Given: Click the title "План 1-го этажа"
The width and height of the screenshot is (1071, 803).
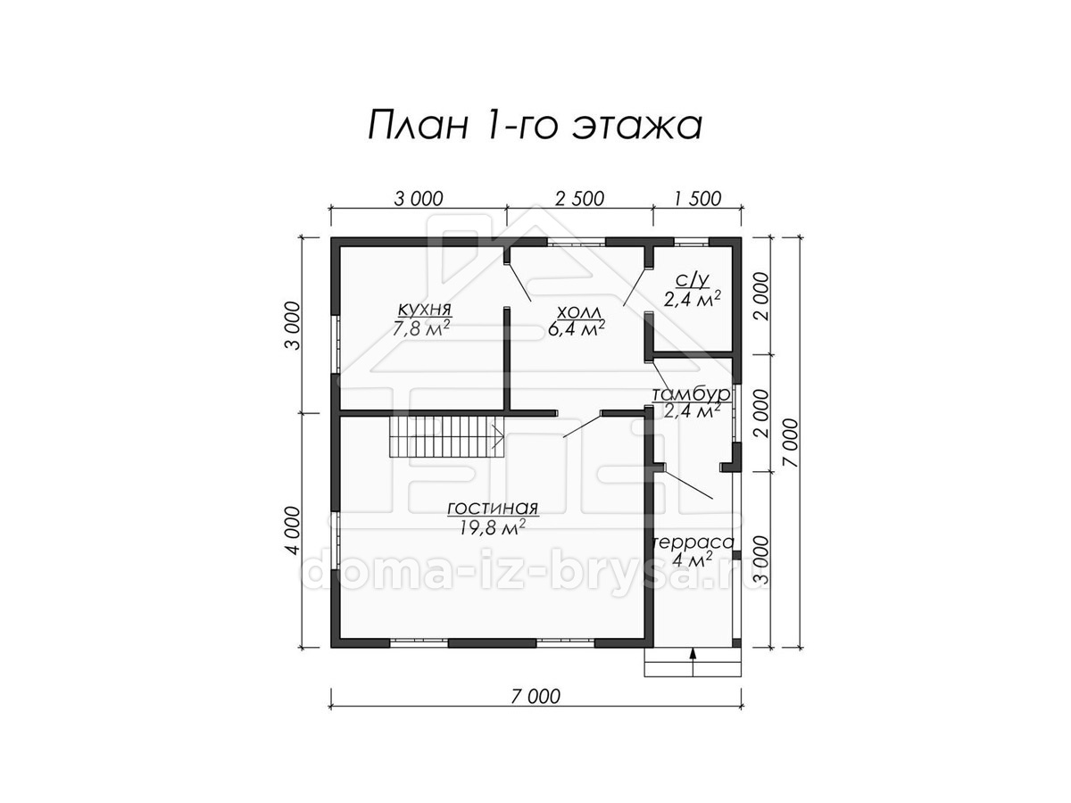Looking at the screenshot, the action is pos(535,125).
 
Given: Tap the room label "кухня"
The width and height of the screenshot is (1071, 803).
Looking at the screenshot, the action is pos(425,309).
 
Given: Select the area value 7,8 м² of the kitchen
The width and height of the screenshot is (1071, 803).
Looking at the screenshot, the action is pos(421,328).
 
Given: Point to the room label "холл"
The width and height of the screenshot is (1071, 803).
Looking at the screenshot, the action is pos(578,311).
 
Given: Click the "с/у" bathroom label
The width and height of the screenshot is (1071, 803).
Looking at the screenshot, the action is pos(692,280).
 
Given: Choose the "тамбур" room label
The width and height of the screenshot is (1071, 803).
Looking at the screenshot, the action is pos(692,393).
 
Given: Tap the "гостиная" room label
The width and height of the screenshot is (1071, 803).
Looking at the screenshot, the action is pos(493,509).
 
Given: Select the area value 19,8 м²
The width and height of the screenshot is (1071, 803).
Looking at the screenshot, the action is pos(493,527).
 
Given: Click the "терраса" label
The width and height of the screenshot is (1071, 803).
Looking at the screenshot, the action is pos(693,542).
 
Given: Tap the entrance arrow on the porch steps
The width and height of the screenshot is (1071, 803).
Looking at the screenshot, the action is pos(693,662).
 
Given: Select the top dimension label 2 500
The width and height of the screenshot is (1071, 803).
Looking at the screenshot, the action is pos(579,199).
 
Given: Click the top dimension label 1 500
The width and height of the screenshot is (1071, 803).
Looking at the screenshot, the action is pos(698,199).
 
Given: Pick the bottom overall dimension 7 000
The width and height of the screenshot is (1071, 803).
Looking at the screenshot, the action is pos(536,697).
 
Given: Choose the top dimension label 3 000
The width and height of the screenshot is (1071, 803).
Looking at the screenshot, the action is pos(419,199).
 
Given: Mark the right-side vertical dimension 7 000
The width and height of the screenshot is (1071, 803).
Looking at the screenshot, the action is pos(791,443).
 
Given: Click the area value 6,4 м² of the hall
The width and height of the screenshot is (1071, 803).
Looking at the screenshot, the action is pos(577,329).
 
